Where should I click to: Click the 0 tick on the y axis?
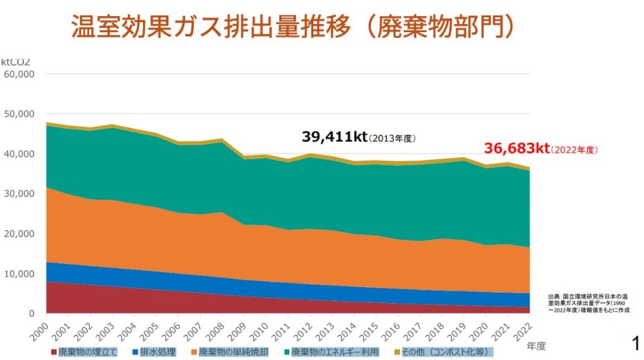click(31, 314)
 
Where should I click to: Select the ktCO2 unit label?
click(15, 62)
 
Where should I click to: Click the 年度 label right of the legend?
click(536, 346)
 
